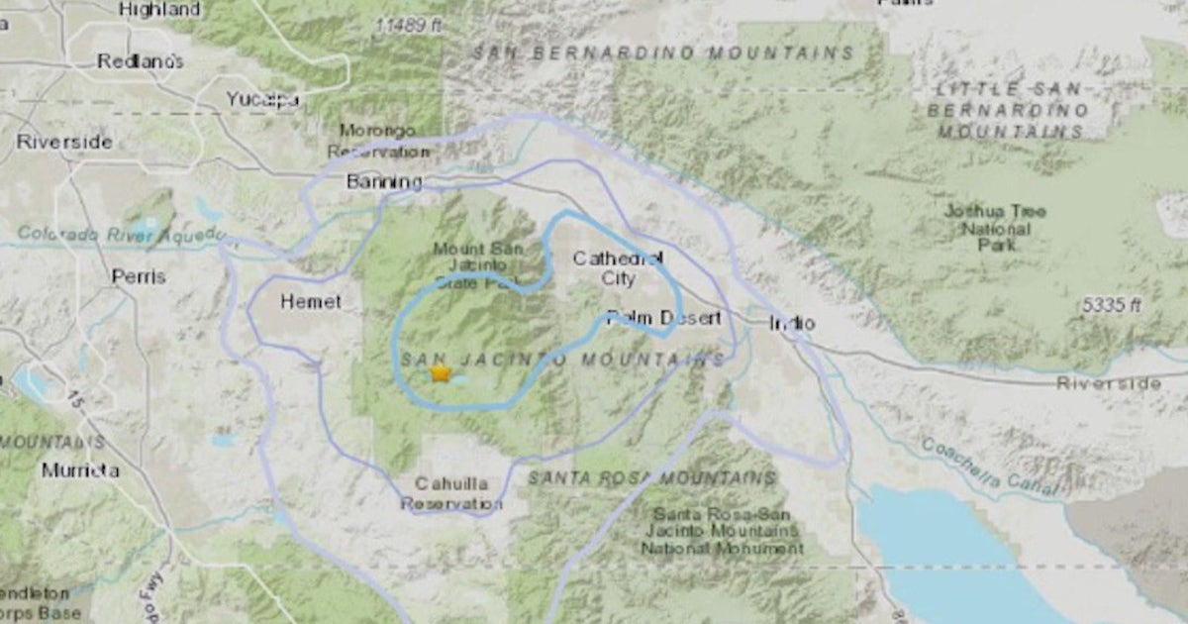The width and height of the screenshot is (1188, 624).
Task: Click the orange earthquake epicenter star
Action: point(441,373)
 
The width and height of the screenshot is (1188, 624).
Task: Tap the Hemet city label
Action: point(311,302)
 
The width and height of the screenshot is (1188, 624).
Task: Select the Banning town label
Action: point(384,182)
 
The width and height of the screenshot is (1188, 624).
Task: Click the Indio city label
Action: point(792,323)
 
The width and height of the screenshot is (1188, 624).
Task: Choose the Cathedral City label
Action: point(619,268)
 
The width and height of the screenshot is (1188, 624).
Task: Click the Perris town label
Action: point(139,277)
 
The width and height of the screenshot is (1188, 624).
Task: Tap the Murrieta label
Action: point(80,470)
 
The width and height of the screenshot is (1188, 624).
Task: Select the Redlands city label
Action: point(141,61)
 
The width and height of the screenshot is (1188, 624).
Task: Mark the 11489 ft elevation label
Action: point(409,26)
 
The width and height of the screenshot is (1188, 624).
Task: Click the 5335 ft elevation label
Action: point(1111,306)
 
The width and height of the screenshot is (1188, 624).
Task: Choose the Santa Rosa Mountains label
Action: point(650,478)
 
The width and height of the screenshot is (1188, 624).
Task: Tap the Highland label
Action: point(158,10)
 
